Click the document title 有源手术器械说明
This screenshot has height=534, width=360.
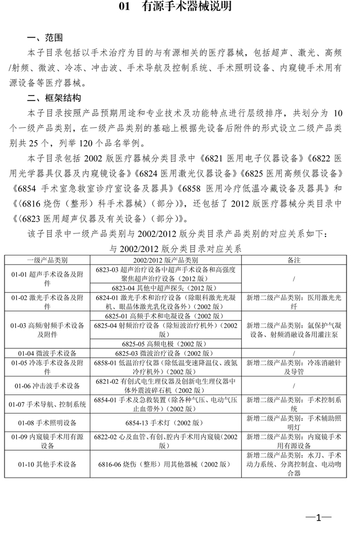179,8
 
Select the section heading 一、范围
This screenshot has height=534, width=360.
44,38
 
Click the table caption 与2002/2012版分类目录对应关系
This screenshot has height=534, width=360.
175,249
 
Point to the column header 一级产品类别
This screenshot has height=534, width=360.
48,261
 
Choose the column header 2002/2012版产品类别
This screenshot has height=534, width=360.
165,261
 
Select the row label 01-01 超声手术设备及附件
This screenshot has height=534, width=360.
48,274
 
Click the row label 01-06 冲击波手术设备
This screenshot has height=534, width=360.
48,385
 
